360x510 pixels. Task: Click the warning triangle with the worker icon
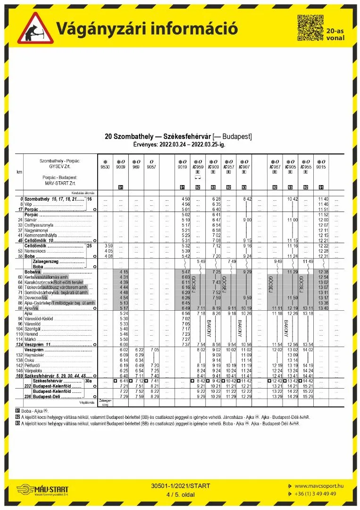click(35, 28)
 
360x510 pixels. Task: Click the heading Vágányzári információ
click(147, 28)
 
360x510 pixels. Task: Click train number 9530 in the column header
click(105, 167)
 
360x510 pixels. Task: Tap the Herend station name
click(32, 334)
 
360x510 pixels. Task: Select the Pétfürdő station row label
click(33, 365)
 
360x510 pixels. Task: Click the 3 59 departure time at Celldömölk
click(108, 246)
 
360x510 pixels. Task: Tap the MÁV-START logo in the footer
click(46, 490)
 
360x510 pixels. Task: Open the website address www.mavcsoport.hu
click(318, 485)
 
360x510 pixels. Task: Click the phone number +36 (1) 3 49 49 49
click(315, 493)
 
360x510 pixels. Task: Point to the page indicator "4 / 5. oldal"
click(181, 494)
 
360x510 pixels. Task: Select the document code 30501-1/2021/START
click(181, 486)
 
